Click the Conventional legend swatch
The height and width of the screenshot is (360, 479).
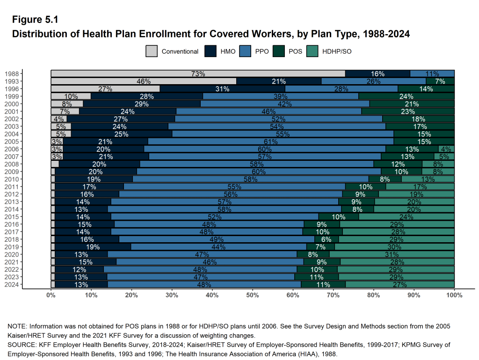(152, 51)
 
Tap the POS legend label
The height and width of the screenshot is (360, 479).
(295, 51)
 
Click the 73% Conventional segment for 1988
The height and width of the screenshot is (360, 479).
(198, 74)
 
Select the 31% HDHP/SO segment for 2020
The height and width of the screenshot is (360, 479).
(392, 254)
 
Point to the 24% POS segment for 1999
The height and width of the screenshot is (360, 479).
(406, 96)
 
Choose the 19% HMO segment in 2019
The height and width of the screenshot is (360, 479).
(93, 247)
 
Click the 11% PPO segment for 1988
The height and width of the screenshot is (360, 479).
(432, 74)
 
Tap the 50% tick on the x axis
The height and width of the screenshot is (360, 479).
(253, 295)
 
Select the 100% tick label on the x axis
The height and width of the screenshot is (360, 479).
(454, 295)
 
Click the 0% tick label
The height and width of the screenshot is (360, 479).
(51, 295)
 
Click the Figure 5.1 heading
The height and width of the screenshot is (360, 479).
(35, 20)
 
